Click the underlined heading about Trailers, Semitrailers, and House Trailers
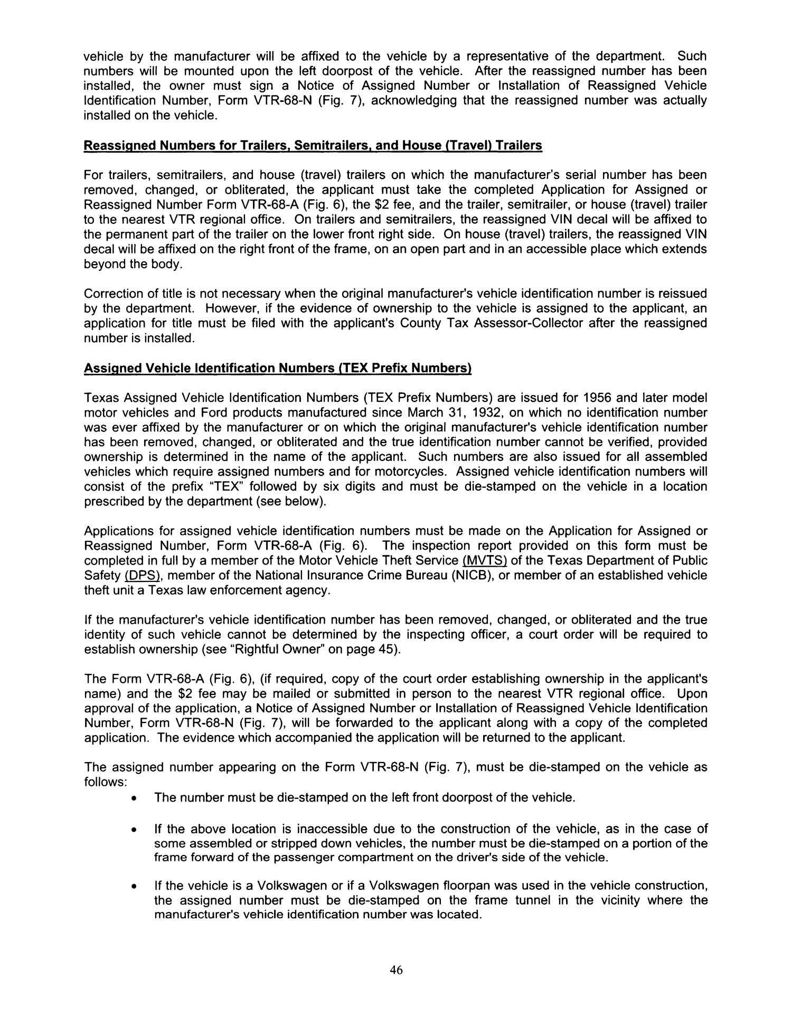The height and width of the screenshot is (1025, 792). pyautogui.click(x=313, y=146)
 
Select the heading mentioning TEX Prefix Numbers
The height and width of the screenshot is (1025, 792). pyautogui.click(x=277, y=368)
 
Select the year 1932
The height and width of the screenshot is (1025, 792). pyautogui.click(x=483, y=412)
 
